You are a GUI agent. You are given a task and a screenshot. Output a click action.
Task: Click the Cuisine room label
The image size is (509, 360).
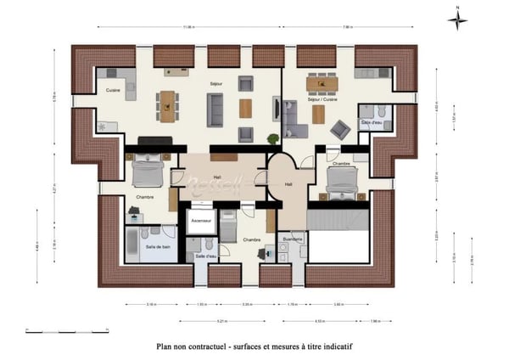(112, 89)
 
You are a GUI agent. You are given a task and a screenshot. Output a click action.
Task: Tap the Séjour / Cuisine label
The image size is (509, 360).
(321, 99)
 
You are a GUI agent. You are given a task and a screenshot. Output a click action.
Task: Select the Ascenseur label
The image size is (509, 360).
(200, 220)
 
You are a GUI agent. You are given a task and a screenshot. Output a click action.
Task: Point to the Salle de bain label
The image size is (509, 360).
(156, 246)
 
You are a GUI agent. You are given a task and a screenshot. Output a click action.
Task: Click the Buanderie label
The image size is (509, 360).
(293, 239)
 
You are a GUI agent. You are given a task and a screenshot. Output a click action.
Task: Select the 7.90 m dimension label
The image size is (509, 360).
(347, 28)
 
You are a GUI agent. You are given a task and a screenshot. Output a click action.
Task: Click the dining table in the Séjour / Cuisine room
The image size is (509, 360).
(322, 83)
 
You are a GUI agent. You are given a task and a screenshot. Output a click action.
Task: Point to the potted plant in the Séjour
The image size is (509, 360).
(103, 126)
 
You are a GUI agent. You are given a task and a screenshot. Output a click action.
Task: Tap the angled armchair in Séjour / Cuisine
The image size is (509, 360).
(340, 129)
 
